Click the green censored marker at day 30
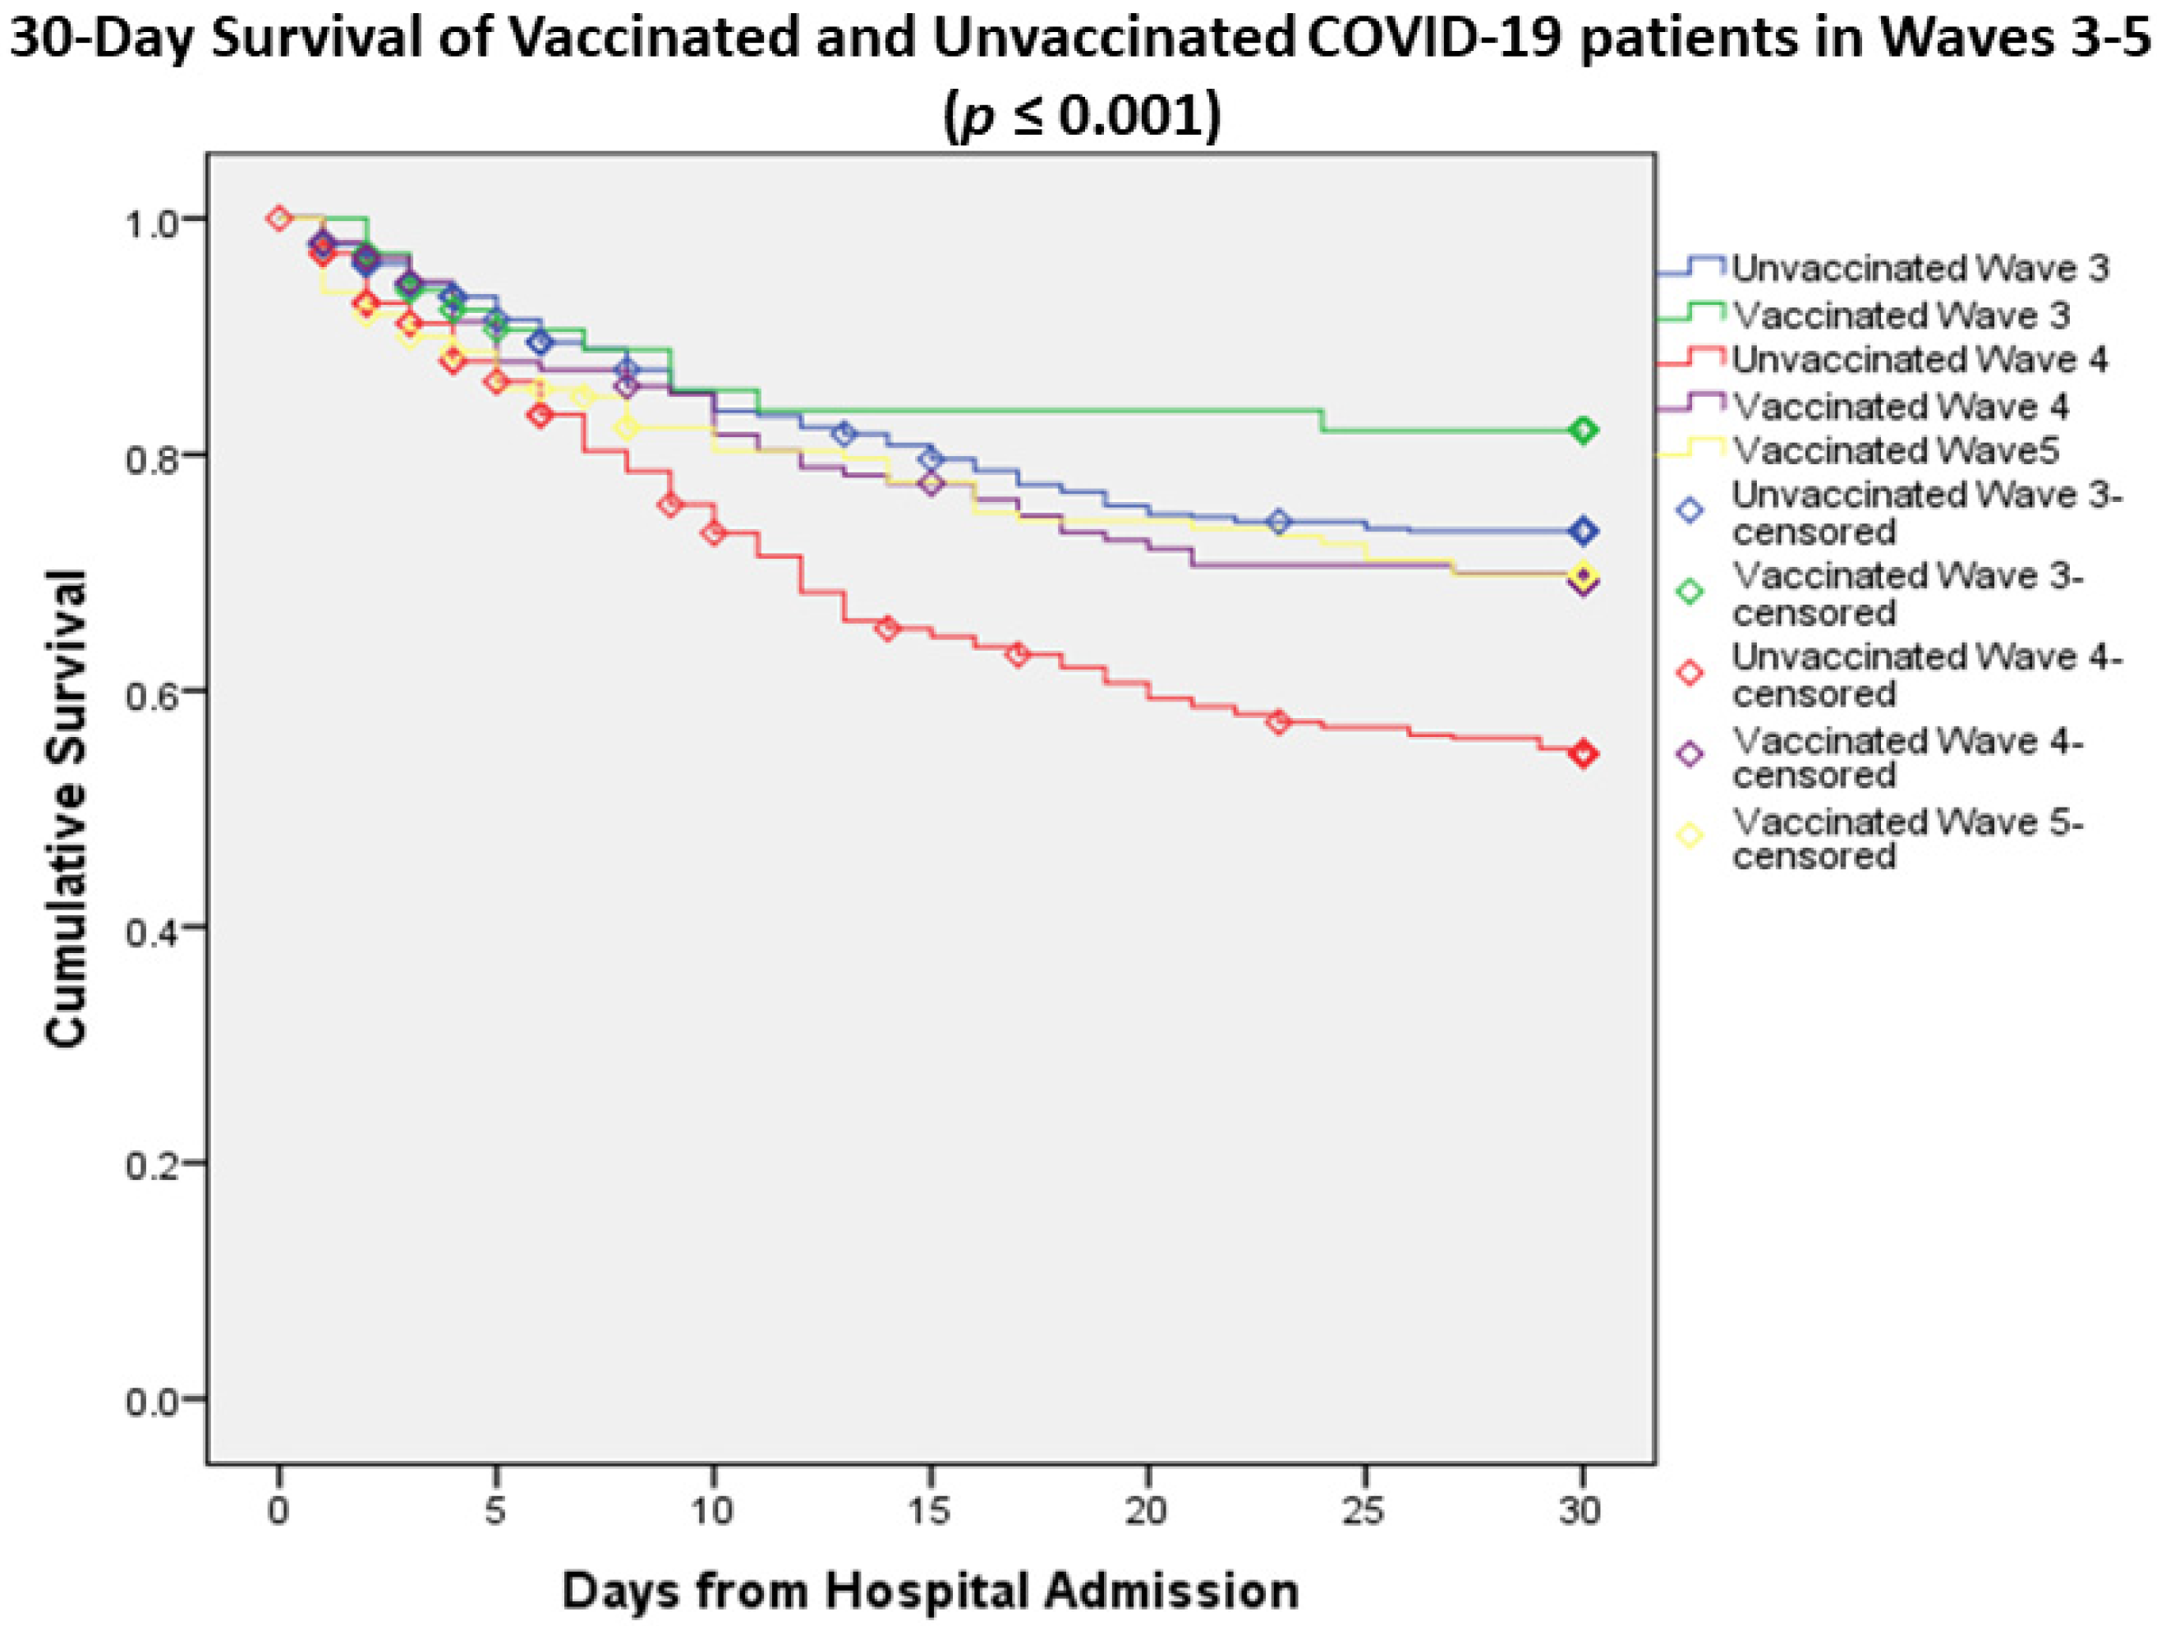point(1584,431)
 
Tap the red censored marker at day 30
point(1584,754)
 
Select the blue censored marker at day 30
point(1584,531)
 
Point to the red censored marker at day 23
point(1280,722)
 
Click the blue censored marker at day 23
point(1280,522)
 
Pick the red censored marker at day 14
point(887,629)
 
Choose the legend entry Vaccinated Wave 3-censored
point(1906,594)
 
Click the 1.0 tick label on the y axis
point(152,220)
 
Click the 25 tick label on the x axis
point(1364,1511)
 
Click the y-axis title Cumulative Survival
point(68,809)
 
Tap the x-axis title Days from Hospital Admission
point(931,1591)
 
